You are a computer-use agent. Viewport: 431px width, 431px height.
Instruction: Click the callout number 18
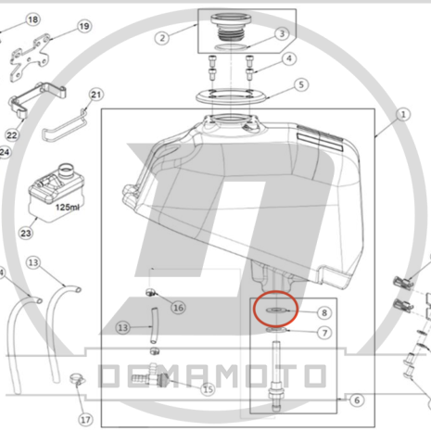[x=33, y=19]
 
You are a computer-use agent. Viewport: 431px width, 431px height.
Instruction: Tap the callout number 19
[x=84, y=26]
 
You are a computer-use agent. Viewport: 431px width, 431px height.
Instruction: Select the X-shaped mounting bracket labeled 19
[x=30, y=58]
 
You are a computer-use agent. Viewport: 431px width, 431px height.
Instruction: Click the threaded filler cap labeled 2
[x=232, y=27]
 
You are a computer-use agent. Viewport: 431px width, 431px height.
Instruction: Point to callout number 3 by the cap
[x=282, y=33]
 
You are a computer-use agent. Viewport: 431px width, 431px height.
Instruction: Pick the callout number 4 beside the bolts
[x=289, y=58]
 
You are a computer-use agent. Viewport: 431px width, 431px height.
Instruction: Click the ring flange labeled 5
[x=231, y=96]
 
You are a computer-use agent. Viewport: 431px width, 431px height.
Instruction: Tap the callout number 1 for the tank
[x=403, y=115]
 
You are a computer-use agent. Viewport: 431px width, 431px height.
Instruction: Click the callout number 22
[x=12, y=135]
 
